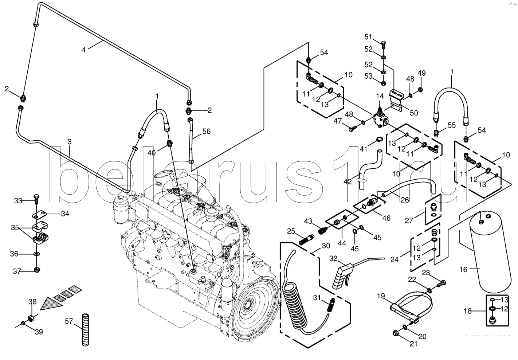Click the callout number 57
point(69,321)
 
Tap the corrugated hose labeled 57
point(86,329)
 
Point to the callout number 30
point(326,246)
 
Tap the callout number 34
point(65,214)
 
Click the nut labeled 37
point(36,270)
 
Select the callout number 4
point(83,50)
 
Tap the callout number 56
point(207,132)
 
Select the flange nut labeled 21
point(396,333)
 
